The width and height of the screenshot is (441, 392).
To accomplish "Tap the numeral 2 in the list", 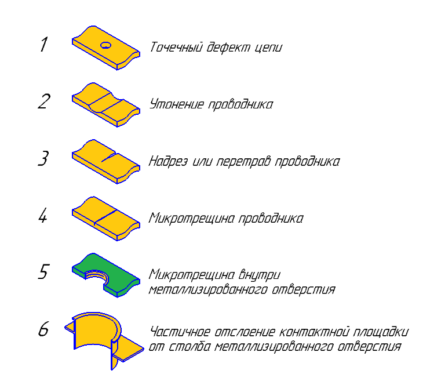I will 44,101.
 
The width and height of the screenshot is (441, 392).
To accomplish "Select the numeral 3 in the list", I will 43,158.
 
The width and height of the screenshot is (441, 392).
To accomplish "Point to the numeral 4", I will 43,216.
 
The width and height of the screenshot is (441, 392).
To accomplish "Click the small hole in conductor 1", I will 105,45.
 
